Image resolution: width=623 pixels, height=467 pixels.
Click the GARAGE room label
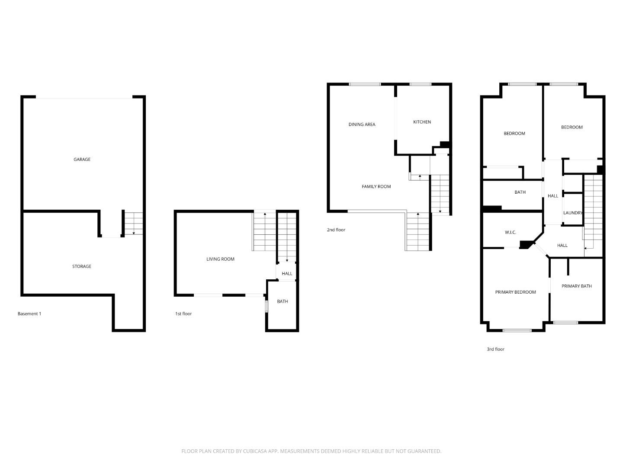click(82, 160)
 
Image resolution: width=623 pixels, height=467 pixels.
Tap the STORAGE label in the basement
click(81, 266)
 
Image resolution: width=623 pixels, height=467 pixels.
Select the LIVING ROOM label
click(220, 259)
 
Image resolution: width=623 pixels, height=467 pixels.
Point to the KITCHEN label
click(422, 122)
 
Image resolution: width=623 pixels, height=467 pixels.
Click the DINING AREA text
click(362, 125)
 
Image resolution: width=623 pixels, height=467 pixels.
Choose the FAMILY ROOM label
click(376, 187)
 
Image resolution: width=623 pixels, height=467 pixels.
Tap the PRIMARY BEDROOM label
click(515, 292)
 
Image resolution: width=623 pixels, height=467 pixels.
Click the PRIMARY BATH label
click(576, 286)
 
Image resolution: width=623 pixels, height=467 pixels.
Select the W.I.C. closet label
click(510, 233)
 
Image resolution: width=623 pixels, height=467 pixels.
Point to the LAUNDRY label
click(573, 213)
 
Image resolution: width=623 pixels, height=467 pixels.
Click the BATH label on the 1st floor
click(282, 301)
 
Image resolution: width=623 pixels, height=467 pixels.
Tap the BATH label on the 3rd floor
click(520, 192)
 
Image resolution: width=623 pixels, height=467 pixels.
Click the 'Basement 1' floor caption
click(29, 314)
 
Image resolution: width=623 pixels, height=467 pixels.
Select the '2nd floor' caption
click(336, 230)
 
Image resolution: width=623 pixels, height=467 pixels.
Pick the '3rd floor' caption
click(495, 349)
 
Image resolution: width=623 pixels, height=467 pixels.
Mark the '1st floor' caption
click(183, 314)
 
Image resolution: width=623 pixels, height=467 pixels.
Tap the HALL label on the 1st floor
click(287, 274)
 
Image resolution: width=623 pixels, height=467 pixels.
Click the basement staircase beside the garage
click(133, 223)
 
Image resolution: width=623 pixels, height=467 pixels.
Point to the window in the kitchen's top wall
click(420, 84)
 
